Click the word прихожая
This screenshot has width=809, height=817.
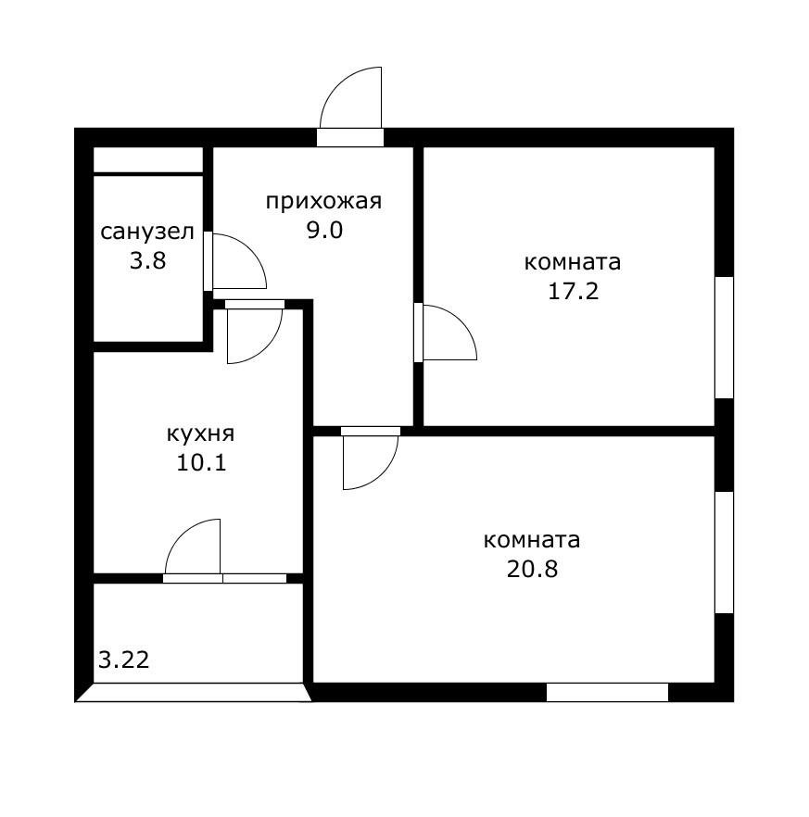tap(323, 201)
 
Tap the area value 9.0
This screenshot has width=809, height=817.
tap(324, 230)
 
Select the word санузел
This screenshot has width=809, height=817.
tap(148, 231)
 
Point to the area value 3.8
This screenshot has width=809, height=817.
tap(148, 260)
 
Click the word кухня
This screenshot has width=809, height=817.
tap(201, 433)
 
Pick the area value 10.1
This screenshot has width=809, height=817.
tap(201, 461)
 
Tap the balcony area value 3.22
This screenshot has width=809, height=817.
tap(124, 660)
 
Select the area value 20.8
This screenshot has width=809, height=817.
tap(532, 569)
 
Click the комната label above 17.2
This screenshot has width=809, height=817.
tap(573, 262)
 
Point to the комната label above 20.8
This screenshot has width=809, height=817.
tap(532, 540)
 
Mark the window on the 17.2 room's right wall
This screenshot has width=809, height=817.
tap(724, 337)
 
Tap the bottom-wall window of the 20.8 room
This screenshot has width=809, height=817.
tap(607, 692)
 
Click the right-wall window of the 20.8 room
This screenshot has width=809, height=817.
tap(724, 552)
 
